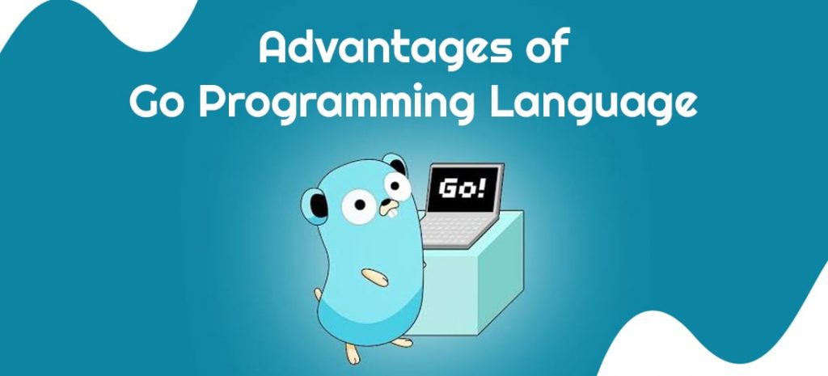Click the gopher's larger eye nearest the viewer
359,206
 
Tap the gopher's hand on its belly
375,277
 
